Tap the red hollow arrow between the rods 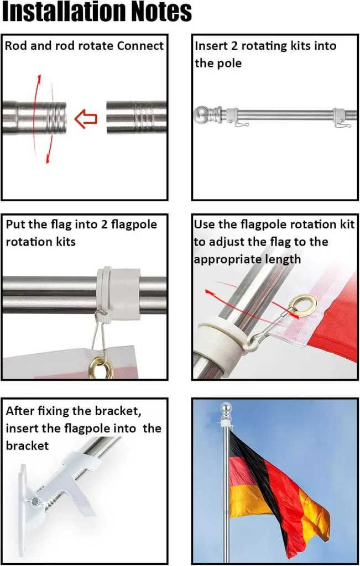coord(86,118)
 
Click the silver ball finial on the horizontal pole coord(201,115)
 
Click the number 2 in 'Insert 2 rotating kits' coord(234,46)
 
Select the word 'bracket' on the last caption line coord(27,446)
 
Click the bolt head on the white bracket coord(35,501)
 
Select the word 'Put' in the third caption coord(15,224)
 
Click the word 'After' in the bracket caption coord(20,411)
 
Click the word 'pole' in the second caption coord(230,64)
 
